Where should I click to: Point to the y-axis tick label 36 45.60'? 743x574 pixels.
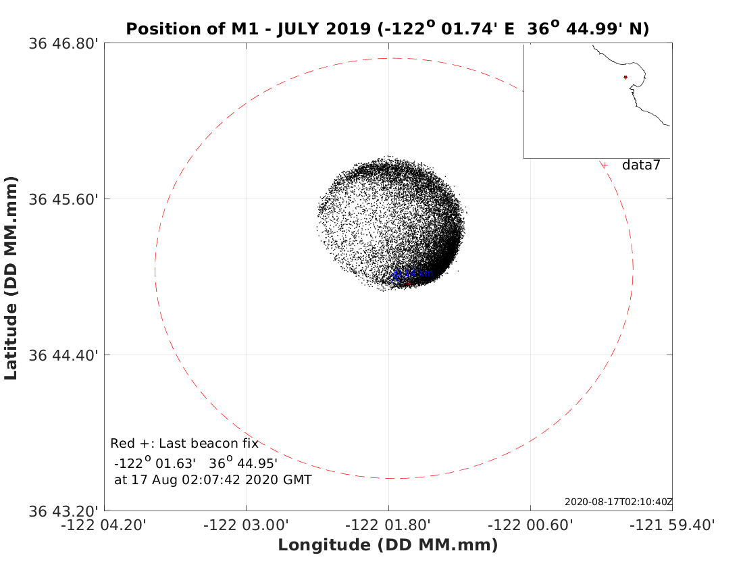click(x=65, y=199)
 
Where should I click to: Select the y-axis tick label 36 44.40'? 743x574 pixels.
click(x=65, y=355)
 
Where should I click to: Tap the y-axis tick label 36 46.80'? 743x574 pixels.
click(x=65, y=44)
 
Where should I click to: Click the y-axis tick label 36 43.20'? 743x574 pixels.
click(x=65, y=511)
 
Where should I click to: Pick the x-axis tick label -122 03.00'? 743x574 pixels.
click(x=247, y=525)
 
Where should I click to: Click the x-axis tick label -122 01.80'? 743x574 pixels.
click(x=388, y=525)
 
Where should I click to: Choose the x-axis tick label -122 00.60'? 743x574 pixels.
click(x=531, y=525)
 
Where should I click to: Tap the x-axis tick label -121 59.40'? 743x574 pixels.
click(x=673, y=525)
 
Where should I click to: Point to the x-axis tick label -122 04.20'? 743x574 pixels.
click(x=105, y=525)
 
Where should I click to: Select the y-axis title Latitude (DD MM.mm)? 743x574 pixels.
click(x=11, y=277)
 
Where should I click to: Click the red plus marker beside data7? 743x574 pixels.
click(x=605, y=165)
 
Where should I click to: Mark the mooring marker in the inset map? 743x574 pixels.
click(x=625, y=77)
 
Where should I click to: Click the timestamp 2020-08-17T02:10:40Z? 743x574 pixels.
click(x=618, y=502)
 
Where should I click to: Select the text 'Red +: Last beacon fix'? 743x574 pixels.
click(x=184, y=444)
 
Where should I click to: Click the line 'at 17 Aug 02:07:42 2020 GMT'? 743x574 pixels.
click(x=213, y=480)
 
